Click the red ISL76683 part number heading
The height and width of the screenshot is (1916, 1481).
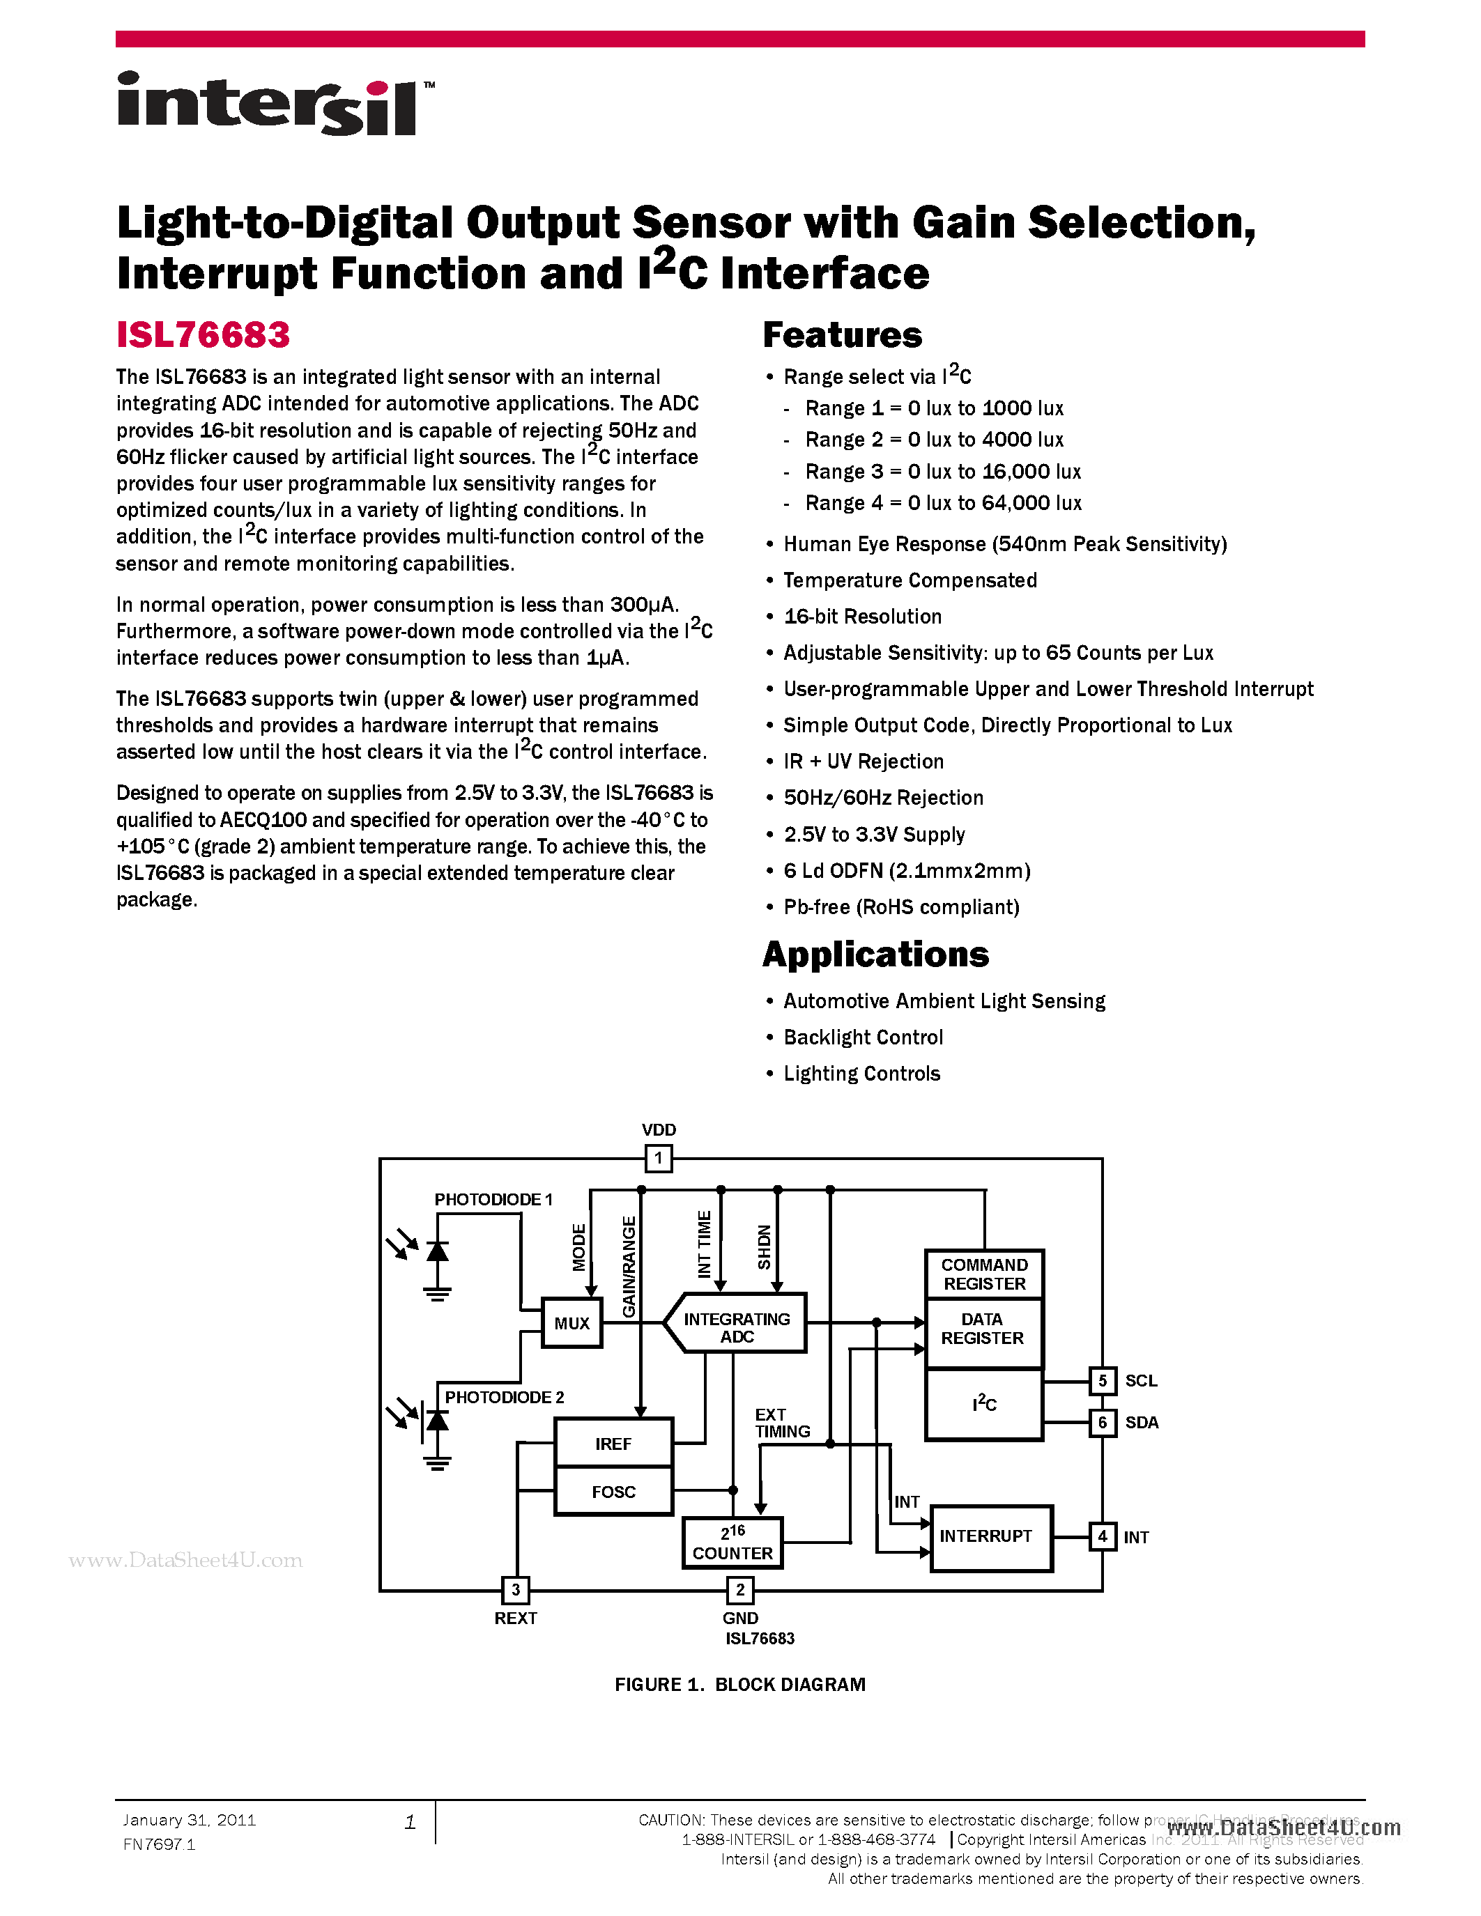(x=203, y=335)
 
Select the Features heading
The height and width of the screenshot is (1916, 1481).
(x=843, y=335)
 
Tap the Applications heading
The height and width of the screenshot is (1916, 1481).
(x=875, y=955)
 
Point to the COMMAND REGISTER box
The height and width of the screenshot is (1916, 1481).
(x=984, y=1274)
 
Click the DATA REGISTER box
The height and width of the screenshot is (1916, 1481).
(x=983, y=1329)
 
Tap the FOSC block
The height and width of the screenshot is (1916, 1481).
(x=613, y=1492)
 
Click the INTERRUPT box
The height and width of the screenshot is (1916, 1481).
(x=990, y=1536)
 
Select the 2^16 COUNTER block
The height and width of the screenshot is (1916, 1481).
(x=732, y=1543)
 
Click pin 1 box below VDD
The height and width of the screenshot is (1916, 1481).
(x=659, y=1158)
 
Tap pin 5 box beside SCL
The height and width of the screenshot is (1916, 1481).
(x=1103, y=1381)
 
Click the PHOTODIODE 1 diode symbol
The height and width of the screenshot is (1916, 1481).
(x=437, y=1252)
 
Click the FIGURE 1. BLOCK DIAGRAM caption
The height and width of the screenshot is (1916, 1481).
(x=739, y=1685)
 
